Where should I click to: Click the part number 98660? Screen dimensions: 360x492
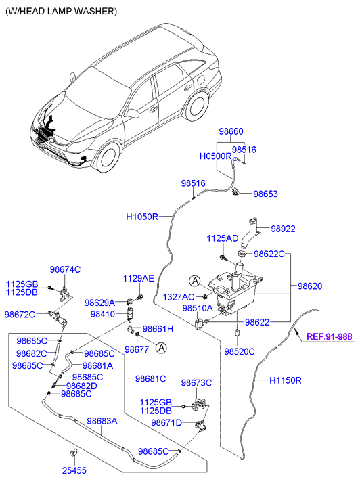click(x=231, y=131)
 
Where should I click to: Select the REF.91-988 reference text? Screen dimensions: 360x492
click(x=330, y=336)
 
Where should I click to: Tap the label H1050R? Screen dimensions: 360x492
click(x=142, y=217)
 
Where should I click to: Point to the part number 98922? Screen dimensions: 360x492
click(x=283, y=229)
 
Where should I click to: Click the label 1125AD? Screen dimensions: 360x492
click(x=223, y=238)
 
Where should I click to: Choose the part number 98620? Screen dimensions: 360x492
click(x=310, y=286)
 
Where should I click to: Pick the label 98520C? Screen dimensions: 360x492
click(x=240, y=351)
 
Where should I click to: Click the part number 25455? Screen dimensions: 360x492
click(x=74, y=470)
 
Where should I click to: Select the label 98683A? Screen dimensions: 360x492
click(x=102, y=421)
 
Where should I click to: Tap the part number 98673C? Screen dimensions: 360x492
click(x=196, y=383)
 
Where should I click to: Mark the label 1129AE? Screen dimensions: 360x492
click(x=139, y=278)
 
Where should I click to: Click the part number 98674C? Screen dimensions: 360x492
click(x=65, y=269)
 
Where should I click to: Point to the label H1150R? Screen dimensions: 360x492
click(x=286, y=380)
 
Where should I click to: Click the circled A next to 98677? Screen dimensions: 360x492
click(x=161, y=348)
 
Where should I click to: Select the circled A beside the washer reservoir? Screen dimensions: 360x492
click(x=195, y=281)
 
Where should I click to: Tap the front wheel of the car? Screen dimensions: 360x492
click(x=108, y=158)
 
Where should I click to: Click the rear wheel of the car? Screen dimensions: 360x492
click(x=198, y=105)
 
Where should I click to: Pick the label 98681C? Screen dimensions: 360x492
click(x=151, y=379)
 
